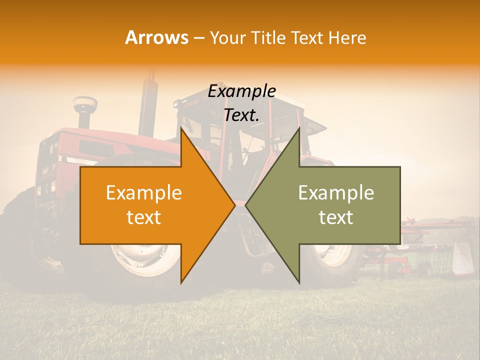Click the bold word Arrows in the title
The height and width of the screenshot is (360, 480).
(x=157, y=37)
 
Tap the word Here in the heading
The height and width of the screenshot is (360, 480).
(x=347, y=37)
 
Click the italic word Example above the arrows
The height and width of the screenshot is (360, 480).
(x=241, y=91)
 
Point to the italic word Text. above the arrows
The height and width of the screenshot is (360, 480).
(x=241, y=115)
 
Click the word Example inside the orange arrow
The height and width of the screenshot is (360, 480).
(x=144, y=193)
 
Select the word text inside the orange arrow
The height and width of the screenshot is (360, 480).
(x=144, y=217)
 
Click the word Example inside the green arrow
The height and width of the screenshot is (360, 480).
(x=336, y=193)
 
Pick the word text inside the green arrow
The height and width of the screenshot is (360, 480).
(x=336, y=217)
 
